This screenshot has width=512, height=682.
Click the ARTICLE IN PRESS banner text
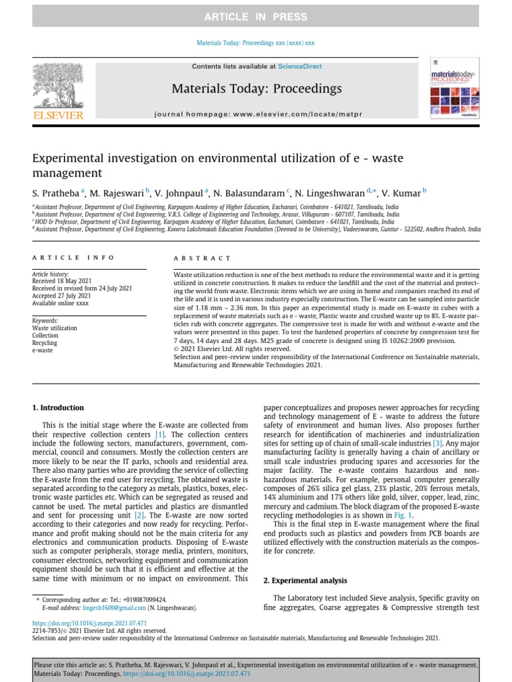[x=256, y=17]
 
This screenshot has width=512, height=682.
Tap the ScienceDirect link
[x=300, y=67]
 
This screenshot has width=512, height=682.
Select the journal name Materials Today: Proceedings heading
[x=257, y=89]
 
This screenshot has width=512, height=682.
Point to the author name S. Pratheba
[x=56, y=193]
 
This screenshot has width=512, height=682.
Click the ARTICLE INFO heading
[x=73, y=258]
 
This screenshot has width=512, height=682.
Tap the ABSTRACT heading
[x=202, y=258]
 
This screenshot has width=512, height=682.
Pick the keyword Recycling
[x=45, y=343]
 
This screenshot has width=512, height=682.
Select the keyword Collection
[x=45, y=336]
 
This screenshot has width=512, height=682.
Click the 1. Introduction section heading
[x=59, y=408]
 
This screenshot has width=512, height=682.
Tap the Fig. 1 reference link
[x=404, y=515]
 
